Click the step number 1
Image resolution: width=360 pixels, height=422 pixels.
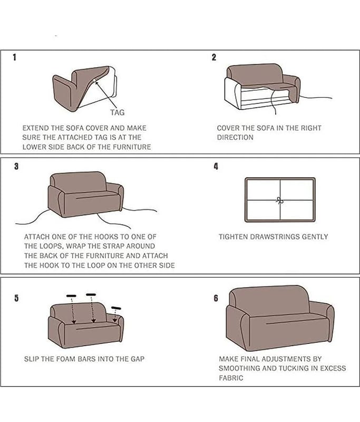point(15,57)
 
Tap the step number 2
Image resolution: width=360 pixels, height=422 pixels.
point(214,57)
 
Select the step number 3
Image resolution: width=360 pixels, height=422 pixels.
point(17,166)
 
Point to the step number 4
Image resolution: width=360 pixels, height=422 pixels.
point(216,166)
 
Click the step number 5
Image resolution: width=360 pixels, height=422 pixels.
point(17,298)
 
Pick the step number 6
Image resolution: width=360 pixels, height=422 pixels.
point(216,298)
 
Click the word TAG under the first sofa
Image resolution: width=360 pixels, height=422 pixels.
point(118,112)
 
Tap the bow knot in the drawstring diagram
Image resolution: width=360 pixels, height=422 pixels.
point(279,200)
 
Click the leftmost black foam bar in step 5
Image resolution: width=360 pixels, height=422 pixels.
point(71,296)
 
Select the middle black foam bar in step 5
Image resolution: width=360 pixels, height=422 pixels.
point(91,294)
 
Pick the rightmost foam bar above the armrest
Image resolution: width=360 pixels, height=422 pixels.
point(116,308)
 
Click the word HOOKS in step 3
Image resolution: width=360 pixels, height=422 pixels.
point(105,237)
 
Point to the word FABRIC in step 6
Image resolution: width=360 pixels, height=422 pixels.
point(231,378)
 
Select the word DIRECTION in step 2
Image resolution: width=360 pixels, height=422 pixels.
point(235,137)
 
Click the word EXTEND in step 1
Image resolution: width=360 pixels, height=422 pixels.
point(35,128)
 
